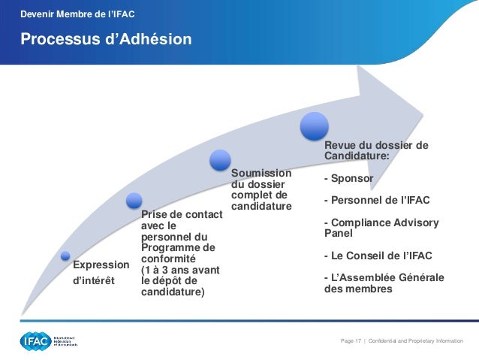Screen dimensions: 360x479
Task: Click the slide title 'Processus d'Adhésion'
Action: coord(105,38)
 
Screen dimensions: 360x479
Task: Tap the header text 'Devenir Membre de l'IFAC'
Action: coord(77,14)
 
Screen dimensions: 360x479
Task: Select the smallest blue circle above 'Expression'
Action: coord(65,256)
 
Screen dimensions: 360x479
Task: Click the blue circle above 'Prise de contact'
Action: coord(134,201)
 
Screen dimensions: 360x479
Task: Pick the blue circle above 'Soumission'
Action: coord(220,159)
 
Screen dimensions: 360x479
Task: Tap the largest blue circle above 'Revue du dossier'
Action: coord(314,126)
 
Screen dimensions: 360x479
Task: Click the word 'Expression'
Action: coord(101,266)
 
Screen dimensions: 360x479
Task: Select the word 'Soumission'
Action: coord(261,174)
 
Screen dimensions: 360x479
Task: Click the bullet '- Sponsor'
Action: coord(348,179)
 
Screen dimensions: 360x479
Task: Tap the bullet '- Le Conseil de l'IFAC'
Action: coord(377,255)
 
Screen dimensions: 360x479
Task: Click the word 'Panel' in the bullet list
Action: coord(339,233)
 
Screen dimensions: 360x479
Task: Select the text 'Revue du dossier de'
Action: coord(375,145)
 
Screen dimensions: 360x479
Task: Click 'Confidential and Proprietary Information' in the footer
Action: coord(417,342)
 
